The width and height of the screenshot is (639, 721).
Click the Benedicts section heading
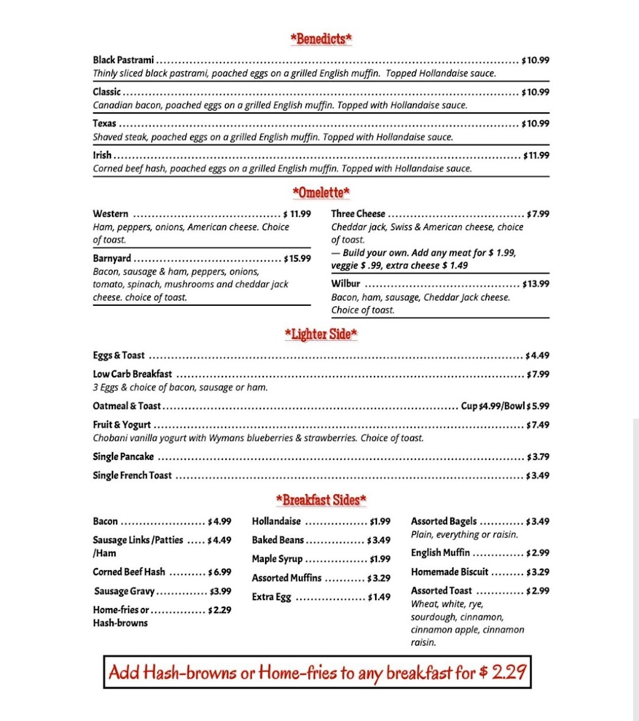321,40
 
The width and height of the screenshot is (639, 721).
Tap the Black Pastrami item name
123,60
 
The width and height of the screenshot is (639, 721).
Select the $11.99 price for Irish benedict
536,156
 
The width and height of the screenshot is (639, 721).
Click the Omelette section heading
321,193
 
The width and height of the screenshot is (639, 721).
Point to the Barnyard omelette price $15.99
298,259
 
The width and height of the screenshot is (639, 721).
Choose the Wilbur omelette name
346,284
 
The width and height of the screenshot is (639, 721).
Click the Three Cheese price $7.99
538,214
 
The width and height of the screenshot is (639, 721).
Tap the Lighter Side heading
321,334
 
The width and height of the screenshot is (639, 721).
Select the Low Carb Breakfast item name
132,374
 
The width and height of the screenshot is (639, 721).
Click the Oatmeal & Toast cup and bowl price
505,406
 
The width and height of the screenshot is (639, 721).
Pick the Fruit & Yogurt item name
121,425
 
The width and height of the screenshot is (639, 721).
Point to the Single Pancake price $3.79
538,457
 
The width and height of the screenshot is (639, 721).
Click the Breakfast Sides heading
321,500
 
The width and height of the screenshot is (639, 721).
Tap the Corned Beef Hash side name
129,572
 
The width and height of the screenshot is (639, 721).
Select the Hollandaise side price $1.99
380,522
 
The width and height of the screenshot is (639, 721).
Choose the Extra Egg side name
271,597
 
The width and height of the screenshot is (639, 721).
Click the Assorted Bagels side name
444,522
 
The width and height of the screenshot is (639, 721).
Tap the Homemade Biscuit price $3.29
537,572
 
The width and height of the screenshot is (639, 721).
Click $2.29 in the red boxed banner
503,672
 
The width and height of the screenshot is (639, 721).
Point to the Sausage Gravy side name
124,591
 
